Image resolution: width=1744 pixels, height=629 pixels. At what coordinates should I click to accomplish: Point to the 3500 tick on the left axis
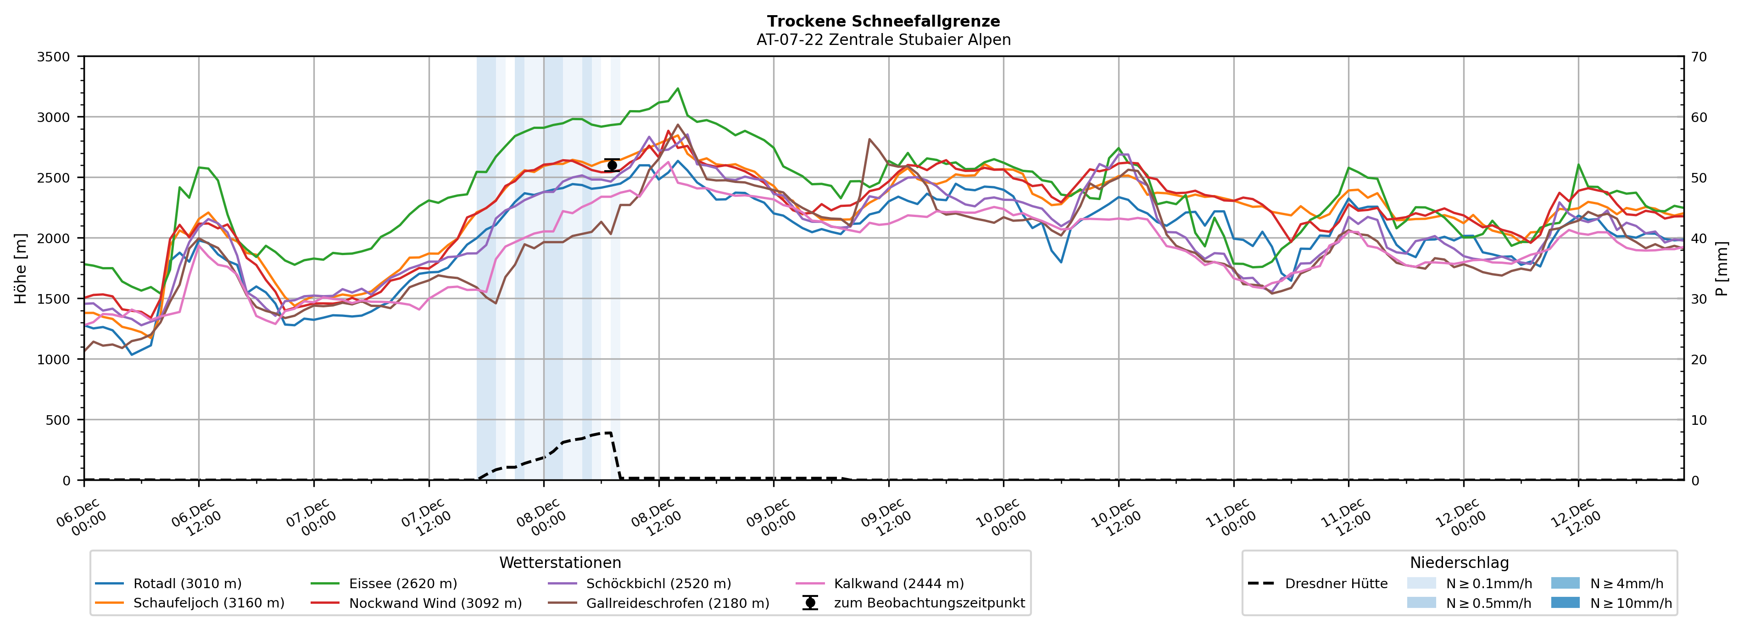[54, 57]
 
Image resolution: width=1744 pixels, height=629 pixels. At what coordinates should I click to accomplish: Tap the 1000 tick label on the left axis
[54, 360]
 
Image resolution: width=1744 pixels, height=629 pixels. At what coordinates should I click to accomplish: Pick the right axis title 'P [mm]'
[1722, 269]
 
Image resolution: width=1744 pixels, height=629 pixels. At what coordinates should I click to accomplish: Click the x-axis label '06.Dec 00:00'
[80, 518]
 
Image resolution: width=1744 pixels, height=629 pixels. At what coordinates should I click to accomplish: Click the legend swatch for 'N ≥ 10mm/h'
[1565, 602]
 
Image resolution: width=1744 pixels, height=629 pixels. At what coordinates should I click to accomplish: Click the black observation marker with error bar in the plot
[612, 165]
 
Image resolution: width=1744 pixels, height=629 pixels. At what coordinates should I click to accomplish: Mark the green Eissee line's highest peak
[678, 89]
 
